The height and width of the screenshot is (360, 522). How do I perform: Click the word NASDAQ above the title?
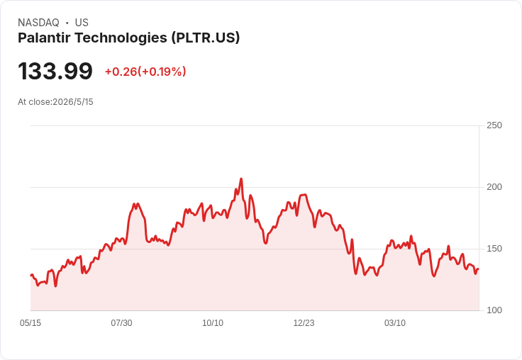click(38, 23)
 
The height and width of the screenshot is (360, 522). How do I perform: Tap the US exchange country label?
click(82, 23)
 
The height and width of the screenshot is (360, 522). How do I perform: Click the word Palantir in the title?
click(44, 38)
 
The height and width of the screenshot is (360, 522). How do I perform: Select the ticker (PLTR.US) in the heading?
click(206, 38)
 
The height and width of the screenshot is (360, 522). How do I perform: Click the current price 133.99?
click(55, 71)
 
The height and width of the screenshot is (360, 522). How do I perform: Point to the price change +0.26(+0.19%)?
click(145, 72)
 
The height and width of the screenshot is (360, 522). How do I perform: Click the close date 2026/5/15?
click(73, 102)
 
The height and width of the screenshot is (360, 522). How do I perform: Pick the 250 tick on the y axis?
click(494, 125)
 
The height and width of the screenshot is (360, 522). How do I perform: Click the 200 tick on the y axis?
click(494, 187)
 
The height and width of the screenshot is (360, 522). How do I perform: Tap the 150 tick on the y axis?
click(494, 249)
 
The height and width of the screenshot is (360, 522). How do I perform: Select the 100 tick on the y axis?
click(494, 310)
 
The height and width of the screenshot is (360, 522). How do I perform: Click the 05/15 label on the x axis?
click(30, 322)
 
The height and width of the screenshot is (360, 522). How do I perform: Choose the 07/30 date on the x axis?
click(121, 322)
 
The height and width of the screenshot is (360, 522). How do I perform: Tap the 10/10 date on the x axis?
click(213, 322)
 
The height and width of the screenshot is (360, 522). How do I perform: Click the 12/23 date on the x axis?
click(304, 322)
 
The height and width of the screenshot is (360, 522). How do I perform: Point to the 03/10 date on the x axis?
click(395, 322)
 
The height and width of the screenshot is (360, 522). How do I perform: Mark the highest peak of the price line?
click(241, 179)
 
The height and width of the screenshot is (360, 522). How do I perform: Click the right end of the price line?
click(479, 269)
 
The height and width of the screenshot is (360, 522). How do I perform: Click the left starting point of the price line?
click(31, 275)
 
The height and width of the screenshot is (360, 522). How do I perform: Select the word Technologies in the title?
click(121, 38)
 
